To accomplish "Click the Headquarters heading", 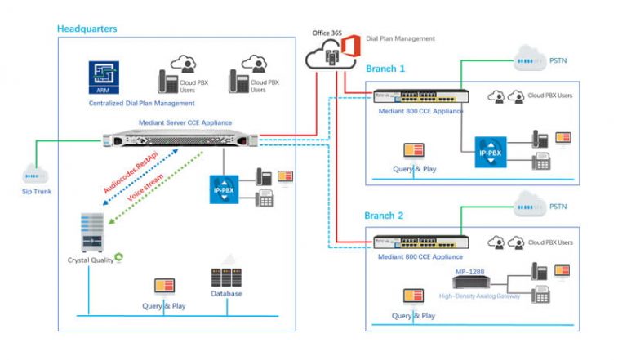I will (x=87, y=29).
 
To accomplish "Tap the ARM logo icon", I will (x=104, y=78).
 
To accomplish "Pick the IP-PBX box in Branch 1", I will (x=491, y=153).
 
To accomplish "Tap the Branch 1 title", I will (x=386, y=69).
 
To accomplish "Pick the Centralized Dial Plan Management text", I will (x=141, y=104).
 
